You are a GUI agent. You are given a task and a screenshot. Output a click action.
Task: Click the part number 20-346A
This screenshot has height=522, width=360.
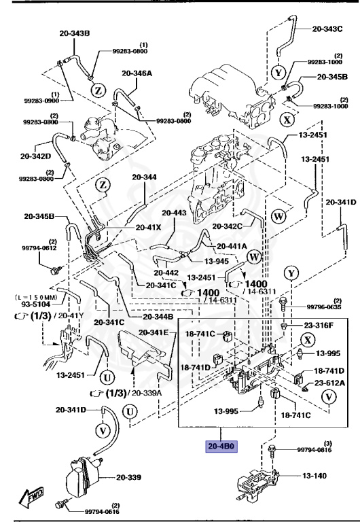click(x=138, y=73)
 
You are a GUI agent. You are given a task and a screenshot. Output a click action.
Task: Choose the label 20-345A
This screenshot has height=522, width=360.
click(x=331, y=77)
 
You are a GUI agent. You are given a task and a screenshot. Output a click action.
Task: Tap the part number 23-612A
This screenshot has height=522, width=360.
click(x=329, y=383)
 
